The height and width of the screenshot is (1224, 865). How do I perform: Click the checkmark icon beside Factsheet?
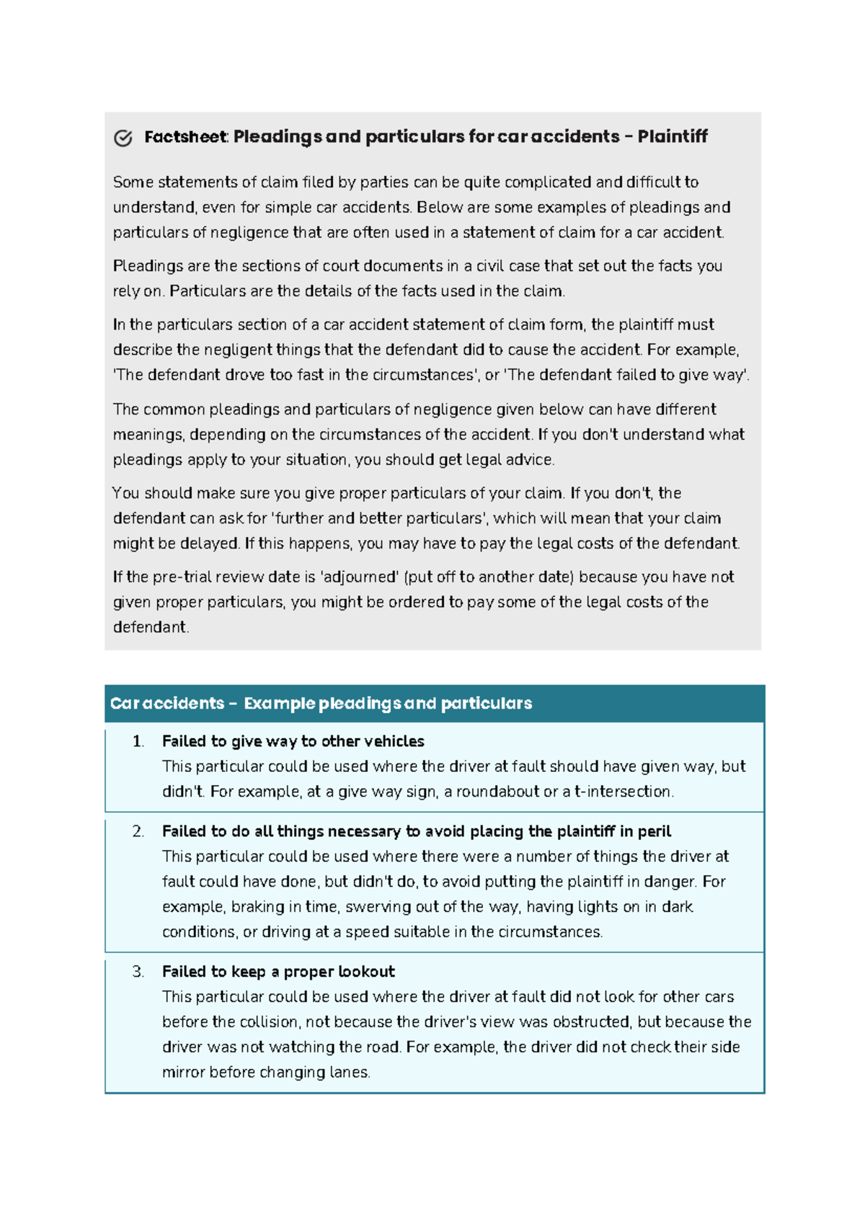123,138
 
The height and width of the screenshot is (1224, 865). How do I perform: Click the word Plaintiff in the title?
672,136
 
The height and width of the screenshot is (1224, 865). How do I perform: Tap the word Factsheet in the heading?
185,136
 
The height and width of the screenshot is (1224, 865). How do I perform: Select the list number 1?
138,741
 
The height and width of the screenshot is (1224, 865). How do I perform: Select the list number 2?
138,831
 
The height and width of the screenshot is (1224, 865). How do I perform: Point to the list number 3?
138,972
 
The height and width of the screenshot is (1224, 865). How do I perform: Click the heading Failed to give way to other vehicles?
293,741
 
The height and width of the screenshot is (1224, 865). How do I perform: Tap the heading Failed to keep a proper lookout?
278,972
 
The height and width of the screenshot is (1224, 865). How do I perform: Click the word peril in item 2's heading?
654,831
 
